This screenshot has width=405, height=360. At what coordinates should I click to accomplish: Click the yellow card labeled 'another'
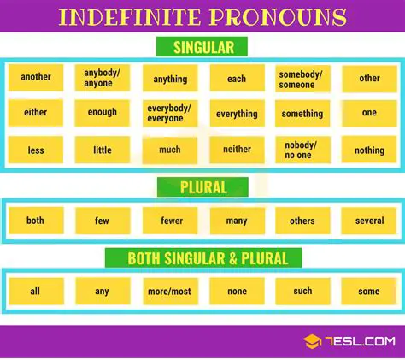[36, 78]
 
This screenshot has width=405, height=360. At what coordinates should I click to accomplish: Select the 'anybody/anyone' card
[103, 78]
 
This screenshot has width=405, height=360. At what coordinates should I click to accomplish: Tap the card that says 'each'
[237, 79]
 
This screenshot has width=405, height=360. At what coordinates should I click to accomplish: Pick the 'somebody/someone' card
[302, 79]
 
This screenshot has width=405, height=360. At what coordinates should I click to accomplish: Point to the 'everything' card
[237, 114]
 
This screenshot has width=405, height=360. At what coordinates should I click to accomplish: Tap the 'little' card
[103, 150]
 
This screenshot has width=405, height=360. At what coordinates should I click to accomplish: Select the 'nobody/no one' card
[302, 150]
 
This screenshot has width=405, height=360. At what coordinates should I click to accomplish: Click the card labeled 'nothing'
[369, 150]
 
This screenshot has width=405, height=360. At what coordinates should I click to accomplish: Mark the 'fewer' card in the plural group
[171, 221]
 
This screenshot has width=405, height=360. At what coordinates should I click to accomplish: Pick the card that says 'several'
[369, 221]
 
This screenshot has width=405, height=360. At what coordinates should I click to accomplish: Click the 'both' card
[36, 221]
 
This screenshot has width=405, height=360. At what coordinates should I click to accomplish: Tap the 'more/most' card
[171, 291]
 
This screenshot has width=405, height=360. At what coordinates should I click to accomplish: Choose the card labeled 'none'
[237, 291]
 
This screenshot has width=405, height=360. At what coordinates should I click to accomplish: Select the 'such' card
[302, 291]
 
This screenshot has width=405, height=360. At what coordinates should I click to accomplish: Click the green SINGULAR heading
[202, 47]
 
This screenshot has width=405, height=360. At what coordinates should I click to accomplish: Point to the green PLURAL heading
[202, 187]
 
